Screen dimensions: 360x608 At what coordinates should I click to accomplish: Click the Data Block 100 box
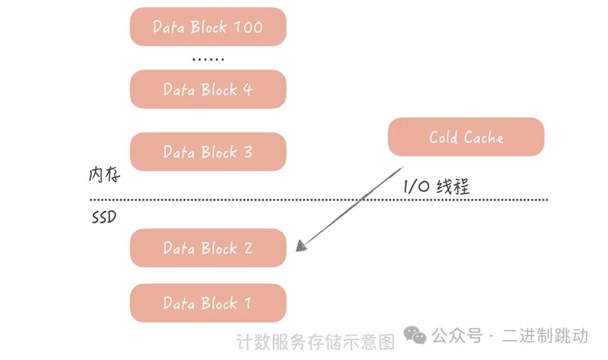pyautogui.click(x=208, y=26)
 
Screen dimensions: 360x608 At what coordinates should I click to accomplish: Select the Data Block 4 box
pyautogui.click(x=208, y=89)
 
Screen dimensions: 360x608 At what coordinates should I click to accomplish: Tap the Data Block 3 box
pyautogui.click(x=208, y=152)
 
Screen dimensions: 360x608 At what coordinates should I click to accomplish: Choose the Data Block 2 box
pyautogui.click(x=208, y=248)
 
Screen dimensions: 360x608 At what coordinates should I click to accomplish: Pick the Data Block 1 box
pyautogui.click(x=208, y=303)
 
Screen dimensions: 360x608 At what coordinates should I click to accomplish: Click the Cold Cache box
pyautogui.click(x=466, y=137)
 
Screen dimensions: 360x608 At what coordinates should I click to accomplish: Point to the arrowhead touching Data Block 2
pyautogui.click(x=301, y=246)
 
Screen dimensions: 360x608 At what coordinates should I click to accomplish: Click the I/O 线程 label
pyautogui.click(x=436, y=186)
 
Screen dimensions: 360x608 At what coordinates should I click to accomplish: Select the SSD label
pyautogui.click(x=104, y=217)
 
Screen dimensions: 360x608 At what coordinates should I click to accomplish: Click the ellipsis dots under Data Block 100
pyautogui.click(x=208, y=59)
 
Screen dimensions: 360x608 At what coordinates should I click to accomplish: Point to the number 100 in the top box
pyautogui.click(x=248, y=27)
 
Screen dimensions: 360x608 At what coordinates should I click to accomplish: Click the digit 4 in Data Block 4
pyautogui.click(x=248, y=89)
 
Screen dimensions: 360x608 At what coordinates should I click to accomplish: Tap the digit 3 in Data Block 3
pyautogui.click(x=248, y=152)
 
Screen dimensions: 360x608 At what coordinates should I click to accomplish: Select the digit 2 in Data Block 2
pyautogui.click(x=248, y=248)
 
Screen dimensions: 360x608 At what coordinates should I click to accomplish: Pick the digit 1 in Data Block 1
pyautogui.click(x=248, y=304)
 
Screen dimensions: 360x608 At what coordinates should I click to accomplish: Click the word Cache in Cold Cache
pyautogui.click(x=484, y=137)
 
